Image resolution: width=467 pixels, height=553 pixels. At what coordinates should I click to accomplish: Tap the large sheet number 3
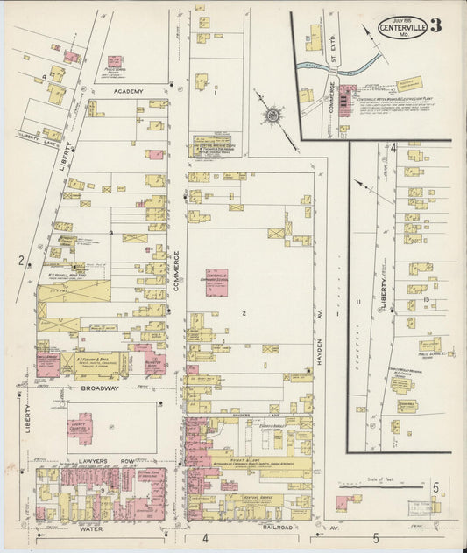click(435, 24)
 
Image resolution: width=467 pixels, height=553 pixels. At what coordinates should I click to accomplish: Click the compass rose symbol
click(274, 115)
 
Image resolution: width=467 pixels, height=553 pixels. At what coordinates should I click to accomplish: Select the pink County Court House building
click(81, 427)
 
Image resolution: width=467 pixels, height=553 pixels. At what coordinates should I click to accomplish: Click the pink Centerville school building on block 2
click(216, 282)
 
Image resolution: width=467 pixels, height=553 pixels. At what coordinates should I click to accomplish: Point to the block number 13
click(425, 300)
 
